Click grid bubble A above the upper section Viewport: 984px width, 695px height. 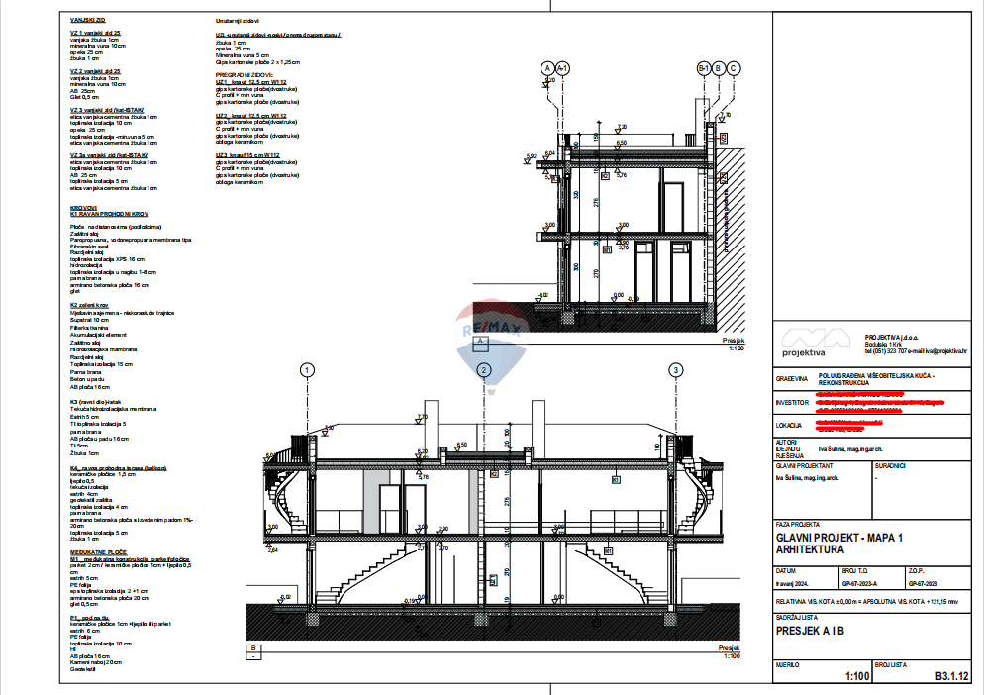point(546,68)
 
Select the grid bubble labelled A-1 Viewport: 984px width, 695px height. point(562,68)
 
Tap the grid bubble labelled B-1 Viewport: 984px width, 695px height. point(704,68)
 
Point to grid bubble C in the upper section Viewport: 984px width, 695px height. point(734,68)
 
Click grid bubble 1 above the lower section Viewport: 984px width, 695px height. point(308,370)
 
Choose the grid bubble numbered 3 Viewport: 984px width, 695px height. point(676,370)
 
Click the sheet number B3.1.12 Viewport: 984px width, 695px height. point(950,677)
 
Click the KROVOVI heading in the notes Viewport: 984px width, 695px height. point(84,208)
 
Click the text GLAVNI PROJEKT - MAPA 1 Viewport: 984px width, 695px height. point(839,538)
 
